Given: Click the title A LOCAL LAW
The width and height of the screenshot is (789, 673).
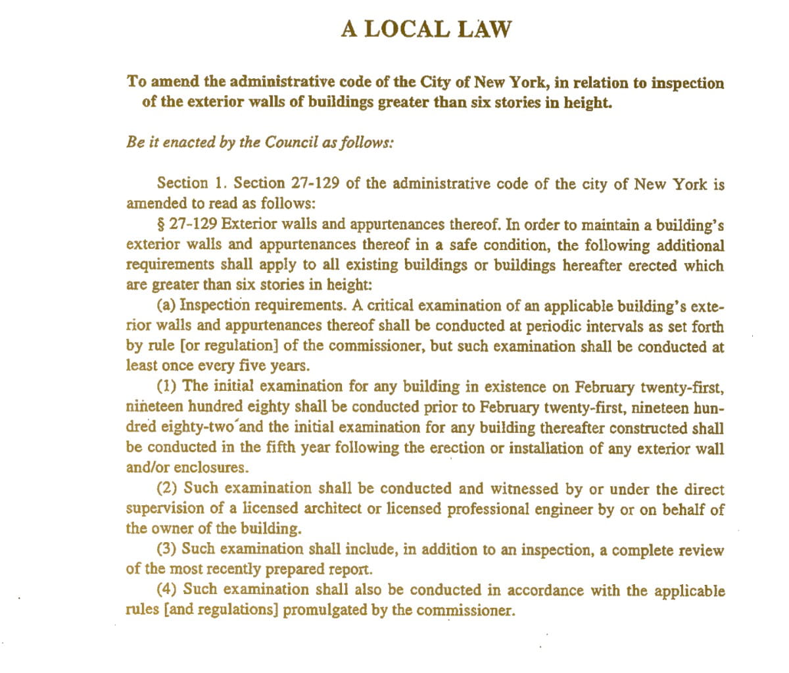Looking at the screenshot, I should [x=425, y=29].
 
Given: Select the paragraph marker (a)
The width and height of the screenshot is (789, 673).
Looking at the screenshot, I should [x=167, y=306].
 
